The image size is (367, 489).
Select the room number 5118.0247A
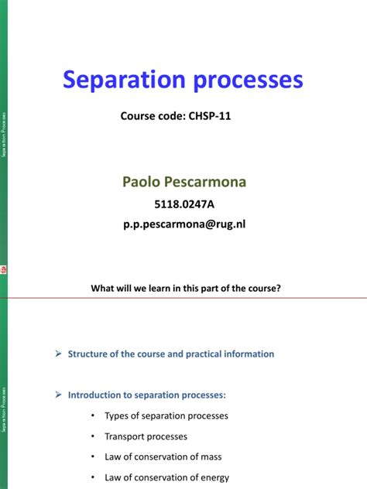click(183, 205)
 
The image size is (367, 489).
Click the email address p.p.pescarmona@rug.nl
click(183, 224)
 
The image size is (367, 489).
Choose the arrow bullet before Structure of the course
click(57, 354)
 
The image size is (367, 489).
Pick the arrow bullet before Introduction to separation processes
click(57, 395)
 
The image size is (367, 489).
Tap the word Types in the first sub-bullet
click(118, 415)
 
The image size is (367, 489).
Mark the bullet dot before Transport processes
click(92, 436)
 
